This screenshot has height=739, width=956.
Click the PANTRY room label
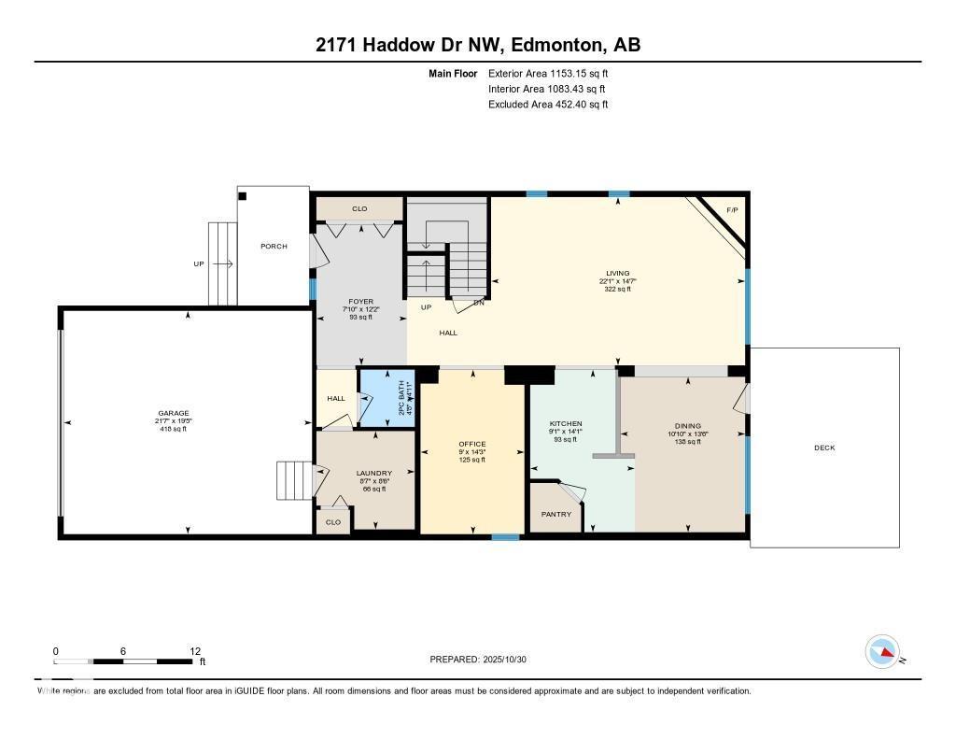[556, 514]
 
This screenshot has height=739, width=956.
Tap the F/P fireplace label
[733, 209]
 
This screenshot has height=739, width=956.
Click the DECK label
[824, 448]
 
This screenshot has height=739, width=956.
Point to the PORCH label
[274, 246]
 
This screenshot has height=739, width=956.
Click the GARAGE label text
[173, 413]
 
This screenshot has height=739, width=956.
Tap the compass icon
[882, 651]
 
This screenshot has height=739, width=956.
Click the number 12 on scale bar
[195, 651]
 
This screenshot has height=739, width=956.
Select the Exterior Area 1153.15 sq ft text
[548, 73]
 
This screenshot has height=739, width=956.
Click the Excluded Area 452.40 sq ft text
[548, 105]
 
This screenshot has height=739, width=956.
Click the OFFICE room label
[472, 444]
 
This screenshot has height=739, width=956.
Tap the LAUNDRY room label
[373, 473]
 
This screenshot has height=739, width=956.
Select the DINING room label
[687, 426]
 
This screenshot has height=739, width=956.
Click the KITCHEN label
[565, 424]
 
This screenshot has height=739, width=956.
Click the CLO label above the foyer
[359, 209]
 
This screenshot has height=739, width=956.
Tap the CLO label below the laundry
[333, 522]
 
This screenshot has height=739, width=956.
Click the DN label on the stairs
[479, 302]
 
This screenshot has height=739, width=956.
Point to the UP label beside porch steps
[198, 264]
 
